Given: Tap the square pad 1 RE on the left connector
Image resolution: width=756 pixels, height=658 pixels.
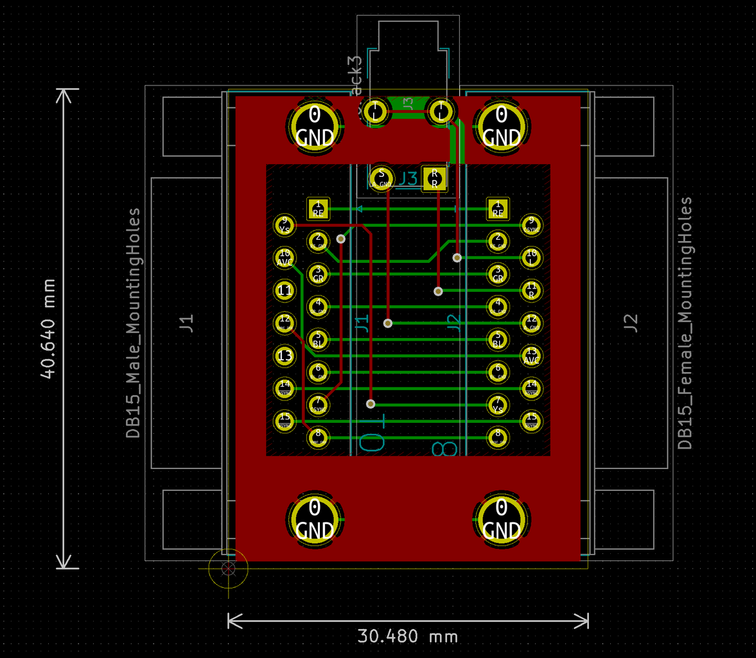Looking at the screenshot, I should [318, 208].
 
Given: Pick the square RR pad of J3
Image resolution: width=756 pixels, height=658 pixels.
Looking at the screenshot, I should [434, 178].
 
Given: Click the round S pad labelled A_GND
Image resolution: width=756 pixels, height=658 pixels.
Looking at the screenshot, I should [382, 177].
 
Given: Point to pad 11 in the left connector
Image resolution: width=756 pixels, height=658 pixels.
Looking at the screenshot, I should [285, 290].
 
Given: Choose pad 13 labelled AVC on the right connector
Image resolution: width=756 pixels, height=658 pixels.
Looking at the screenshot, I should [531, 355].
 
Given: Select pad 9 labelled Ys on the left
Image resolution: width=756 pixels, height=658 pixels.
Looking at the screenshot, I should [285, 224].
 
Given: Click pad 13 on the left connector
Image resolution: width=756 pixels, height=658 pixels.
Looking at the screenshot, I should [285, 355].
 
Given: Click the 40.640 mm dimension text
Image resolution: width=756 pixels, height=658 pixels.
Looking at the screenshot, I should [48, 328].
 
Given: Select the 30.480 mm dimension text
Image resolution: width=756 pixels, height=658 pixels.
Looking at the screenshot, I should [408, 636].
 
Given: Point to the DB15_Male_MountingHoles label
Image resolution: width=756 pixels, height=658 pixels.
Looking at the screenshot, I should [133, 323].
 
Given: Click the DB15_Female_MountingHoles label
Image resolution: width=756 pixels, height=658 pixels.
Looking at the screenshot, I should [685, 323].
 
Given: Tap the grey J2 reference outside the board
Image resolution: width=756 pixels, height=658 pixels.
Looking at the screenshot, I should [631, 322].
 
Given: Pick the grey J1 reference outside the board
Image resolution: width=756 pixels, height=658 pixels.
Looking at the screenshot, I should [186, 322].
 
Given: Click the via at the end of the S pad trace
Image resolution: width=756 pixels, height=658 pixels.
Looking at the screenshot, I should [388, 323].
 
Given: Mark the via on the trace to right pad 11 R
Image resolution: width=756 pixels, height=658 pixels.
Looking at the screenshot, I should [438, 291].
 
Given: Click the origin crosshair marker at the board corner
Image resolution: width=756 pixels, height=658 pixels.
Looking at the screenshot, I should [228, 568].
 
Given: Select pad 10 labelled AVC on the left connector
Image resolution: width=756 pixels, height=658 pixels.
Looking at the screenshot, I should [285, 258].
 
